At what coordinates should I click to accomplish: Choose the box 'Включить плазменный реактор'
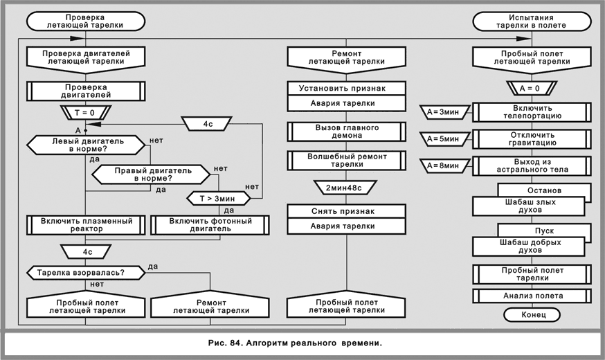[x=86, y=225]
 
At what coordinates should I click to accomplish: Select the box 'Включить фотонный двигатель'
[x=210, y=225]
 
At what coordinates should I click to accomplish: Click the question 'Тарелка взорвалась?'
[x=84, y=273]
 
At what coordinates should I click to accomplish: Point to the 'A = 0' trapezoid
[x=531, y=88]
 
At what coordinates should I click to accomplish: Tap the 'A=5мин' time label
[x=443, y=139]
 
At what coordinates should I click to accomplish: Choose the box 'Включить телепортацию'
[x=531, y=112]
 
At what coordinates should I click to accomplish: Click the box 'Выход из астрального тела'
[x=531, y=166]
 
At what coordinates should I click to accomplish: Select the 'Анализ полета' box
[x=531, y=296]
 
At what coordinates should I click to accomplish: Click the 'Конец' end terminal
[x=531, y=315]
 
